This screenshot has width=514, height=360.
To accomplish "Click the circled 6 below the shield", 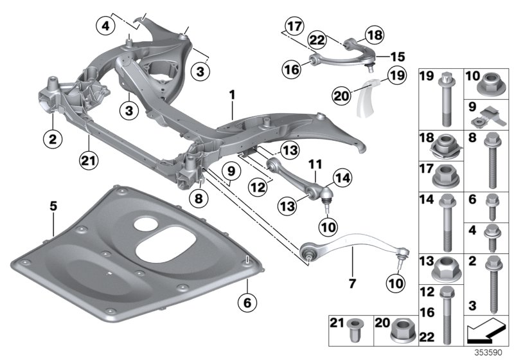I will point(244,300).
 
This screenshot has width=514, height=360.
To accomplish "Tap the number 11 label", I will point(315,166).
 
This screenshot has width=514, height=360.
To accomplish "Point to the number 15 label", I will point(385,56).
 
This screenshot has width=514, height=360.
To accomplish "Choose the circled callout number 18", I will point(374,33).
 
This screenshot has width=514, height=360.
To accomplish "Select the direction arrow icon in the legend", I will point(486,333).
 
